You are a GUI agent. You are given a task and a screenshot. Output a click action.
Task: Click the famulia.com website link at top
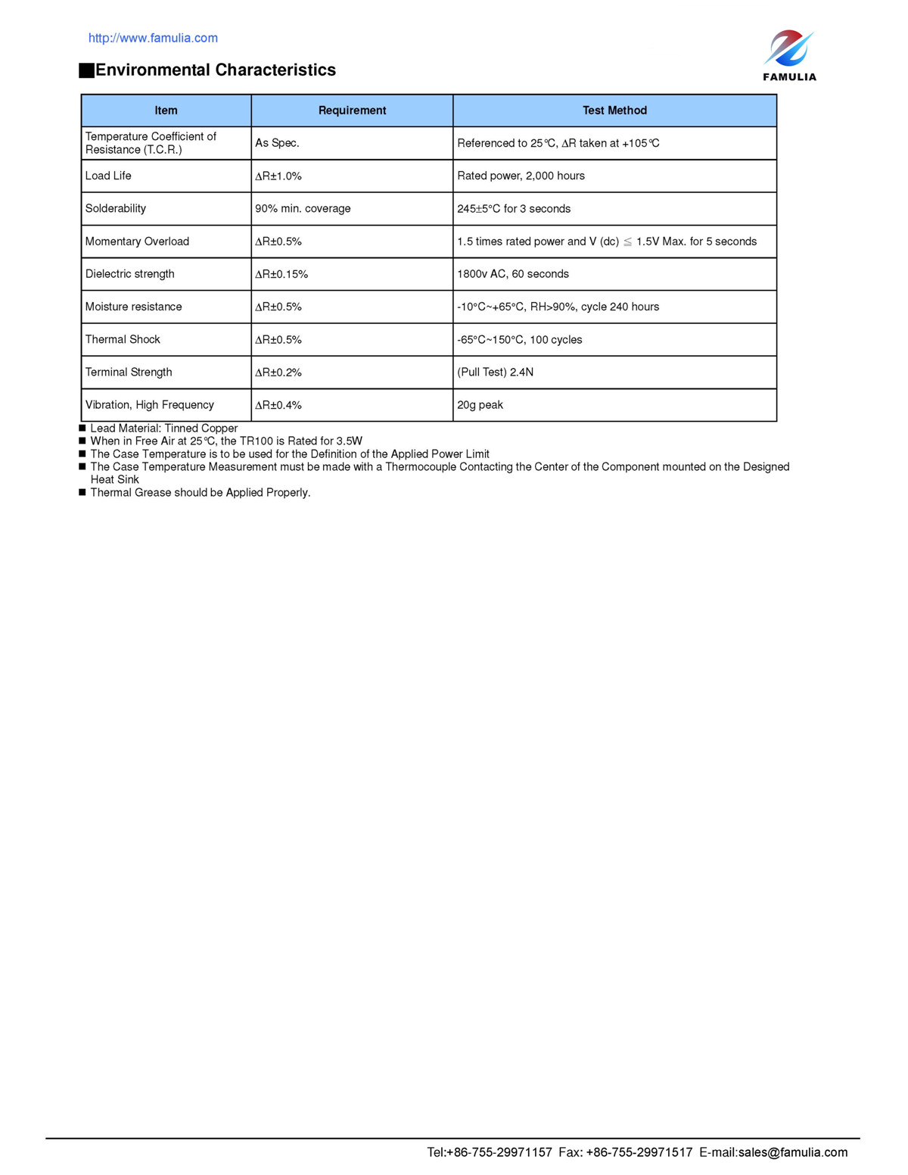[153, 38]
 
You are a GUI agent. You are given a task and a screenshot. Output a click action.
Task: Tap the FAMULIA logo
[789, 55]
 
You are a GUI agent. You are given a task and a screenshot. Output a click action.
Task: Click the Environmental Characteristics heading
[215, 70]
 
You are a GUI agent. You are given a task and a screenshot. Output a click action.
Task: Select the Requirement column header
[352, 111]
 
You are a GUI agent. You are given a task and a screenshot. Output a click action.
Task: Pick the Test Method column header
[614, 111]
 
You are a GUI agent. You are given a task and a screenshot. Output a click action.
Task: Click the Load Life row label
[108, 176]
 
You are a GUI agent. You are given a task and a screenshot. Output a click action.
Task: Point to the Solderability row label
[116, 208]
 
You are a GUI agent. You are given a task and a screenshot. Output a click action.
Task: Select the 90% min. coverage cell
[303, 208]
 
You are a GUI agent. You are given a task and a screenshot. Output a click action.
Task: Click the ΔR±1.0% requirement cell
[278, 176]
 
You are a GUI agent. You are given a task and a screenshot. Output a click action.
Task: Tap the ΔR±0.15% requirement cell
[281, 274]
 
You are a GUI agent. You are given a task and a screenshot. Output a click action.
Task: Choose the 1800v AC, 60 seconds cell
[513, 274]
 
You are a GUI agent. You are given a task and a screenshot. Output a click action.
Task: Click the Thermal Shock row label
[123, 339]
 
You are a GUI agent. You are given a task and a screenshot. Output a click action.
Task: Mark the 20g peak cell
[480, 405]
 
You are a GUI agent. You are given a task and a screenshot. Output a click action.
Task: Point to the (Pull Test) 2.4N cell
[495, 372]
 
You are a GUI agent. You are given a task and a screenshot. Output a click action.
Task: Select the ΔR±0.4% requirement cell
[278, 405]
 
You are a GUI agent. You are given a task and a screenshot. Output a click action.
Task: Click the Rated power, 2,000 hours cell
[521, 176]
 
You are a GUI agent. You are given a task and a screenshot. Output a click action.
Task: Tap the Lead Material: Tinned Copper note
[163, 429]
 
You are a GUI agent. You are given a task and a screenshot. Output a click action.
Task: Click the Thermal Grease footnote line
[200, 493]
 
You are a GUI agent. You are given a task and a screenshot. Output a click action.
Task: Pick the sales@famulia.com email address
[793, 1152]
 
